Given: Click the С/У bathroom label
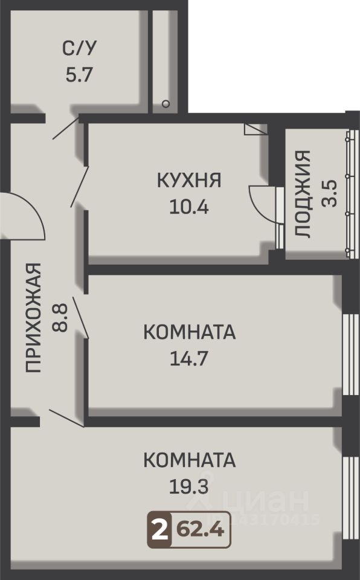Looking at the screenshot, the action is (79, 48).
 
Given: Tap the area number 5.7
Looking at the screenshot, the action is (79, 74).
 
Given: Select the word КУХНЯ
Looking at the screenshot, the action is (189, 180).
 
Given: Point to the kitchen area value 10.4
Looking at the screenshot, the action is (188, 207).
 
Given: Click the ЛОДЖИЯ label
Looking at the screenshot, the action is (303, 194).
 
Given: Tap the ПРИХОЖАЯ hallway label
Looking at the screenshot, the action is (33, 317).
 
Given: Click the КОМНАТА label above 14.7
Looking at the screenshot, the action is (189, 332).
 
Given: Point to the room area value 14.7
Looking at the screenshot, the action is (188, 358).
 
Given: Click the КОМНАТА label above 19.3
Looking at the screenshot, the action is (189, 460).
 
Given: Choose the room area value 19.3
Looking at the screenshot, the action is (188, 486).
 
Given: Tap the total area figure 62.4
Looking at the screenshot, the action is (200, 530).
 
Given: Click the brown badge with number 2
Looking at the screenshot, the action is (159, 530).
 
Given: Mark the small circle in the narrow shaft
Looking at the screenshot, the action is (166, 104).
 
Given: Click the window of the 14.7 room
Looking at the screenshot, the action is (351, 355).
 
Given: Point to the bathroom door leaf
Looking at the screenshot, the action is (66, 128).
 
